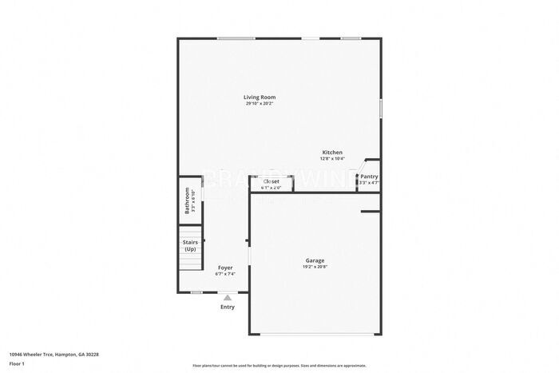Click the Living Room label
click(260, 97)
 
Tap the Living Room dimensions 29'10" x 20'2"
click(260, 104)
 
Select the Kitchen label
click(332, 153)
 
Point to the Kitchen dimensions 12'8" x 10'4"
click(332, 159)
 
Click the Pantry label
click(369, 177)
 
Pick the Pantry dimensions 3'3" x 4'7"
click(369, 183)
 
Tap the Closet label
click(272, 181)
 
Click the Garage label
click(315, 260)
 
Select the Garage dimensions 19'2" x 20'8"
click(315, 267)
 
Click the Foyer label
click(225, 268)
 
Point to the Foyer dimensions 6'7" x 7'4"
click(225, 274)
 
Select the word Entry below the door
click(228, 307)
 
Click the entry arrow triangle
click(228, 297)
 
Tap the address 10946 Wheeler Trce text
click(54, 354)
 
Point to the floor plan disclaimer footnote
click(279, 365)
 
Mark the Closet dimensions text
click(272, 188)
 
